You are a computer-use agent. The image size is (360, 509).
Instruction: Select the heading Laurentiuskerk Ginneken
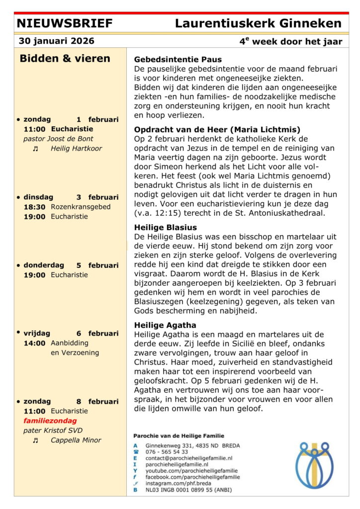click(x=258, y=23)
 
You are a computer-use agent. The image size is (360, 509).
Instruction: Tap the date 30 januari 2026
click(x=56, y=41)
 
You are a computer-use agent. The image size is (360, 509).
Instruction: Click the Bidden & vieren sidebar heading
click(x=65, y=59)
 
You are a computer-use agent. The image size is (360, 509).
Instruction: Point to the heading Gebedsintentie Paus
click(x=178, y=60)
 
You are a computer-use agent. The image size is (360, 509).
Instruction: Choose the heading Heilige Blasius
click(x=166, y=228)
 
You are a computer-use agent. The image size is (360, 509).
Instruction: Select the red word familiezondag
click(x=50, y=421)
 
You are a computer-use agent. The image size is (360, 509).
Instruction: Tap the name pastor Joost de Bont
click(x=58, y=139)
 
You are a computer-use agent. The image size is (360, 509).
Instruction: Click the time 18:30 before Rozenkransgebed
click(x=34, y=207)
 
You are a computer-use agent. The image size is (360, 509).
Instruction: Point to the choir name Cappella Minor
click(x=76, y=440)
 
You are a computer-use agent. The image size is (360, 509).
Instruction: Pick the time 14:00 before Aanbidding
click(x=34, y=343)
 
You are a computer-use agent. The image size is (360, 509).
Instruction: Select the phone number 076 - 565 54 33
click(x=167, y=452)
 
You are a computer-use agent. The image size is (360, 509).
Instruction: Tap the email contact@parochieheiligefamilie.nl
click(x=189, y=458)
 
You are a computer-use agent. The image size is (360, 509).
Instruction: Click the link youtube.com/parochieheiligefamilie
click(x=191, y=470)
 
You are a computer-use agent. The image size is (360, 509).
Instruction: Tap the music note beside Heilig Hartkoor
click(x=35, y=149)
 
